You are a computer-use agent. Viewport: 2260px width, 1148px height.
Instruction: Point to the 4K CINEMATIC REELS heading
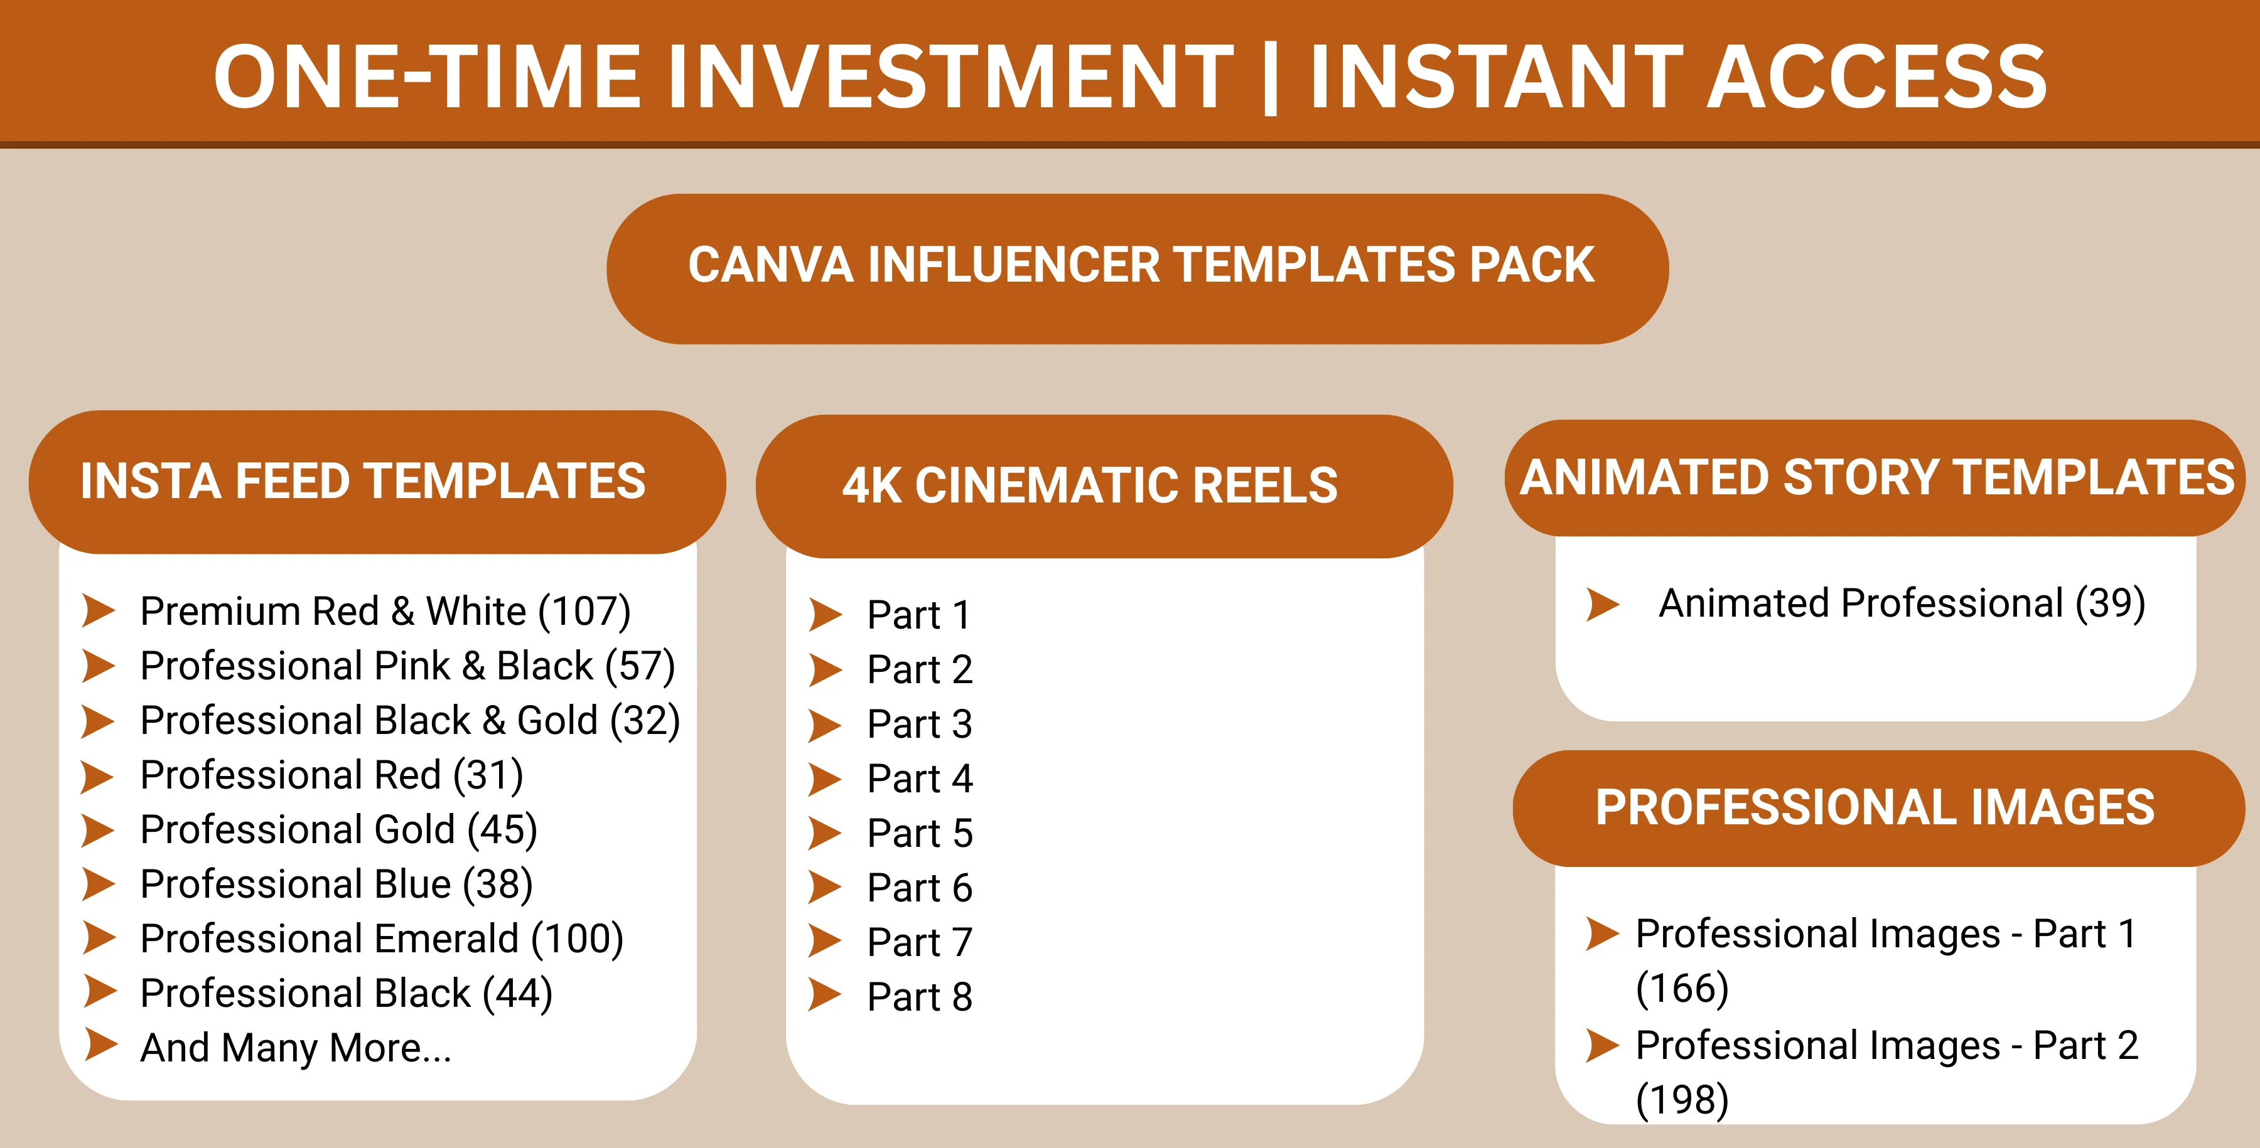coord(1090,485)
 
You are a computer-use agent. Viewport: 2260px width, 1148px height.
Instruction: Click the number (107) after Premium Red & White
coord(584,611)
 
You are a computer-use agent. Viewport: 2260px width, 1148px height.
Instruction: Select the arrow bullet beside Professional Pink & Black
coord(99,666)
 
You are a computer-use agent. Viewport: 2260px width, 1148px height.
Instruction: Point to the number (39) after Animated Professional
coord(2110,603)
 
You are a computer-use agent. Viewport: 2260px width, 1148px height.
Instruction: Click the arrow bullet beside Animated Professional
coord(1603,603)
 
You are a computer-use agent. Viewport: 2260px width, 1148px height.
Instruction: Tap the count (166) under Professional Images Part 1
coord(1682,989)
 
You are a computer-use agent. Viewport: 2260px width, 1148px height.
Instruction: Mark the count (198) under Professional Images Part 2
coord(1682,1100)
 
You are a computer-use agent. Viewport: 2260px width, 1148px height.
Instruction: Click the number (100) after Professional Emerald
coord(578,938)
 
